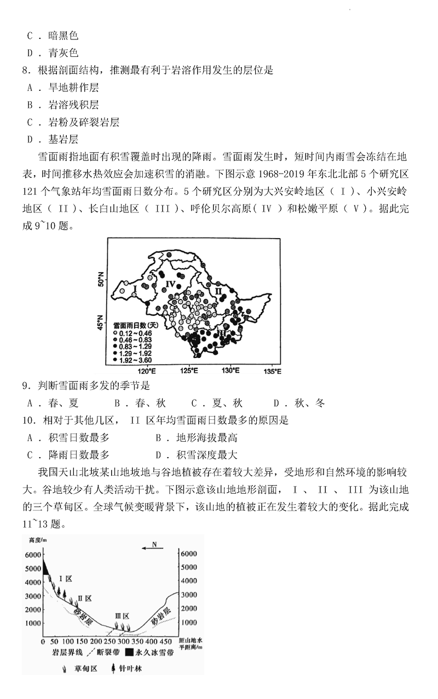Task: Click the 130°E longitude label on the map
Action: coord(230,371)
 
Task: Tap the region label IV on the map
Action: coord(170,284)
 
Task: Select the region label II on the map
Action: coord(218,291)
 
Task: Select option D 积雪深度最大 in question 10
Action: coord(197,454)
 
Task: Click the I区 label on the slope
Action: coord(66,579)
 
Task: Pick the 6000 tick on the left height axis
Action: coord(33,554)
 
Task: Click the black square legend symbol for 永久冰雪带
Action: coord(129,652)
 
